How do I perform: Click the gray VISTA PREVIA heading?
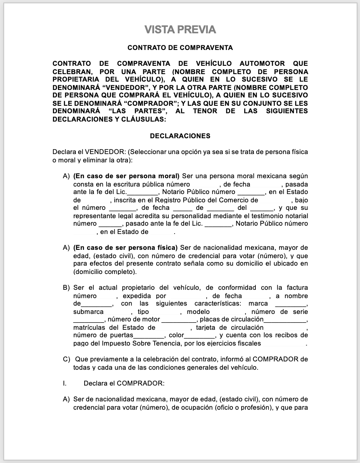click(180, 30)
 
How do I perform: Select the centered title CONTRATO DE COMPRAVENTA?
click(180, 48)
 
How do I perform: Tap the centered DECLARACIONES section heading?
click(180, 136)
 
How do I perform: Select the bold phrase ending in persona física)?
click(125, 248)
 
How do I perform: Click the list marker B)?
click(66, 288)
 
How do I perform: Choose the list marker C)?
click(66, 359)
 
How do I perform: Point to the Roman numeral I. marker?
click(65, 383)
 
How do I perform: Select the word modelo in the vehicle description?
click(201, 312)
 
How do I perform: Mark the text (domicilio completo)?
click(105, 272)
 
